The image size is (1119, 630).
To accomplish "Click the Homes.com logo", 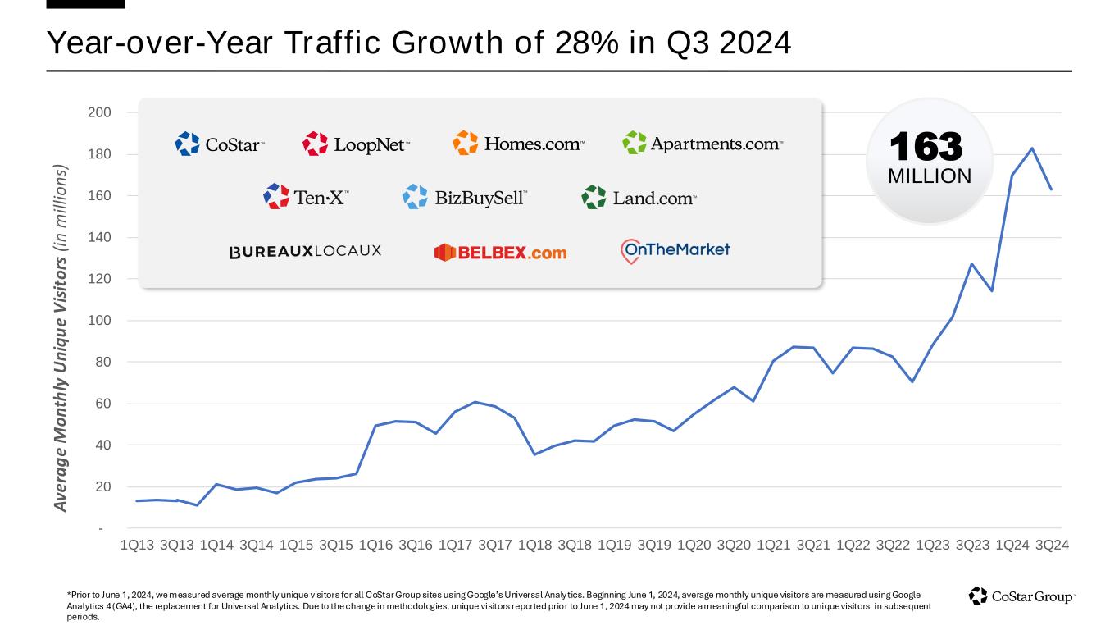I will pyautogui.click(x=519, y=144).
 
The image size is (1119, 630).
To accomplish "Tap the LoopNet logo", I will pyautogui.click(x=356, y=144).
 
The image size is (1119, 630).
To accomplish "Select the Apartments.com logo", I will pyautogui.click(x=703, y=144).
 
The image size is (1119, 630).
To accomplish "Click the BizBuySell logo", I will pyautogui.click(x=465, y=197).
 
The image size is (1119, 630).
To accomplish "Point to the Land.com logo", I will pyautogui.click(x=639, y=197).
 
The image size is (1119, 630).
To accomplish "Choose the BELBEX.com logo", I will pyautogui.click(x=500, y=253).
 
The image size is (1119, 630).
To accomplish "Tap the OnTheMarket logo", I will pyautogui.click(x=675, y=250).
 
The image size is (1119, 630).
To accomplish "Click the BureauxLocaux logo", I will pyautogui.click(x=305, y=251).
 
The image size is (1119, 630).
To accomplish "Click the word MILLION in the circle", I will pyautogui.click(x=930, y=176).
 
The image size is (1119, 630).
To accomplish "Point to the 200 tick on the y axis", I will pyautogui.click(x=100, y=112).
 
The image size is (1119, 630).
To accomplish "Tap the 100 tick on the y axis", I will pyautogui.click(x=100, y=321).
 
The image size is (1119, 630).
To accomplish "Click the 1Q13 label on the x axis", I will pyautogui.click(x=137, y=545).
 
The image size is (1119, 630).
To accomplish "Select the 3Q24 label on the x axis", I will pyautogui.click(x=1052, y=545).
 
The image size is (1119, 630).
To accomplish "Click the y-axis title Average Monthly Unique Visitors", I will pyautogui.click(x=61, y=338).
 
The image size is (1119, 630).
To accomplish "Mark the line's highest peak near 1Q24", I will pyautogui.click(x=1032, y=148).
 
